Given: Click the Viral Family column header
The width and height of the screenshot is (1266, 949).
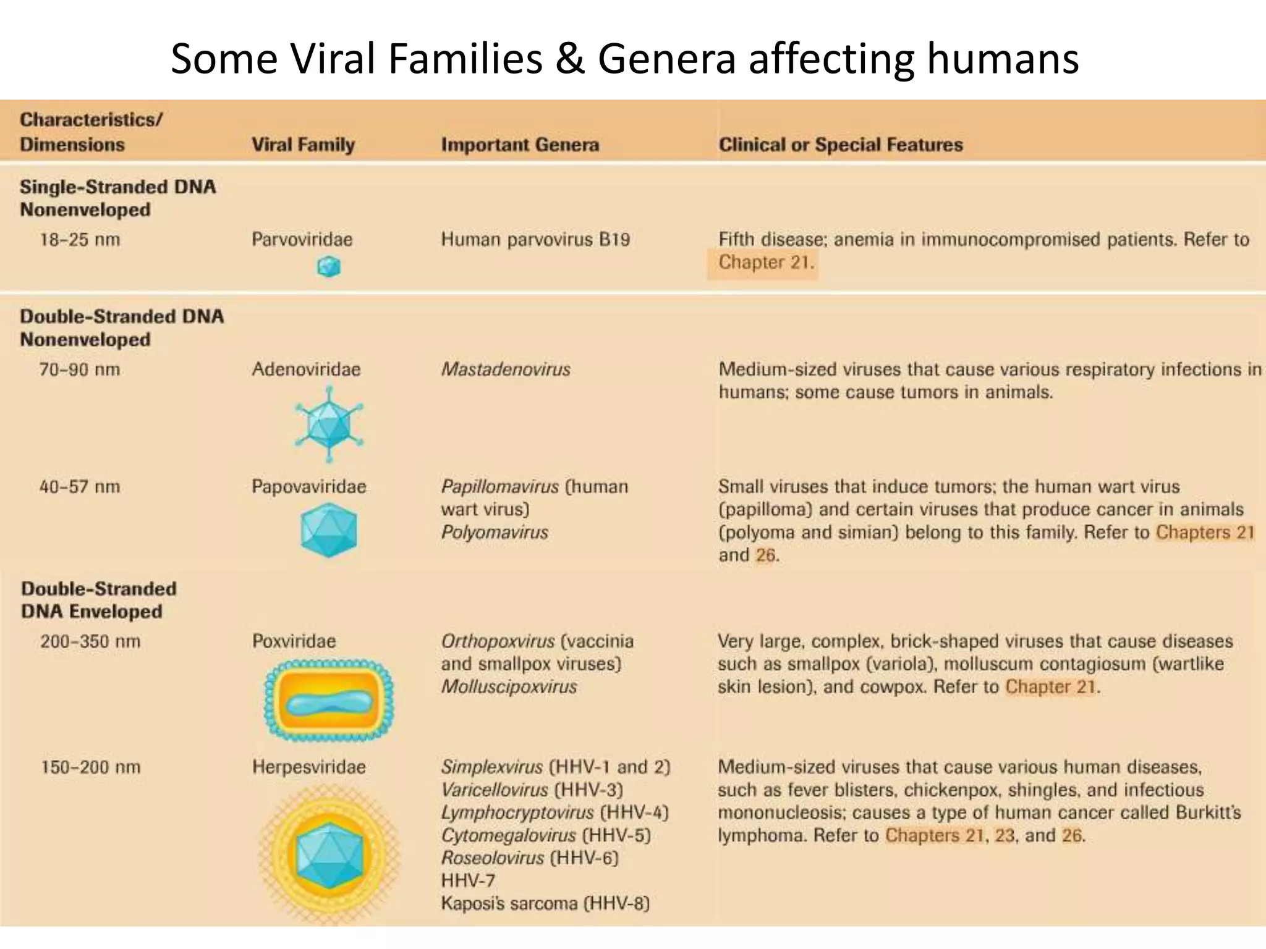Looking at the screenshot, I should (303, 145).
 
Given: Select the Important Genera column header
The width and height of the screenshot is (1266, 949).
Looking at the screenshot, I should (520, 145).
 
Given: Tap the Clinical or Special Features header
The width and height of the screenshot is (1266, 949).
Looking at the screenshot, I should (841, 145).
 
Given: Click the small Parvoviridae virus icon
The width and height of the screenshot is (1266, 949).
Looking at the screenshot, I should (329, 267).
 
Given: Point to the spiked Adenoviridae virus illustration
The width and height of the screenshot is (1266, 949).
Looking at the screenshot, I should (329, 424).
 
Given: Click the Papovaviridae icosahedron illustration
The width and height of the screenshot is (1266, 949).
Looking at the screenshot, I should (329, 530).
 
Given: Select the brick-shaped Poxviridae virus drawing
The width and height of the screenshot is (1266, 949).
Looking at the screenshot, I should (329, 700).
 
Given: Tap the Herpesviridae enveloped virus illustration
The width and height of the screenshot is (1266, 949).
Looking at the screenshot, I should (329, 854).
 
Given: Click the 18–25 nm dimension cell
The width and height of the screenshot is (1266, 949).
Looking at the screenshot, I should (80, 240).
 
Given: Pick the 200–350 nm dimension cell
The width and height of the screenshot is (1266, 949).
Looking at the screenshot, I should (90, 641).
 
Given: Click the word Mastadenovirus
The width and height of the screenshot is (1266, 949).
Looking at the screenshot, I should (506, 369).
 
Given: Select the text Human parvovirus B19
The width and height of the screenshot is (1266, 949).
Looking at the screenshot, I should (535, 240).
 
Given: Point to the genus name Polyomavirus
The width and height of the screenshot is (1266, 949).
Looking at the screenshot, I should (495, 533).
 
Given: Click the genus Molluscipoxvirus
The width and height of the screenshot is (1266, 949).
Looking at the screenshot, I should (509, 687).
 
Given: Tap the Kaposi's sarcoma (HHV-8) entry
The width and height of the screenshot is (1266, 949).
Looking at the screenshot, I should (545, 903).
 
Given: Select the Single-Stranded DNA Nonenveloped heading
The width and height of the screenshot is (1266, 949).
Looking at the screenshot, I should (117, 198).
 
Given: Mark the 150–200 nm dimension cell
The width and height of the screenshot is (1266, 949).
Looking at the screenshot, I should (90, 767).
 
